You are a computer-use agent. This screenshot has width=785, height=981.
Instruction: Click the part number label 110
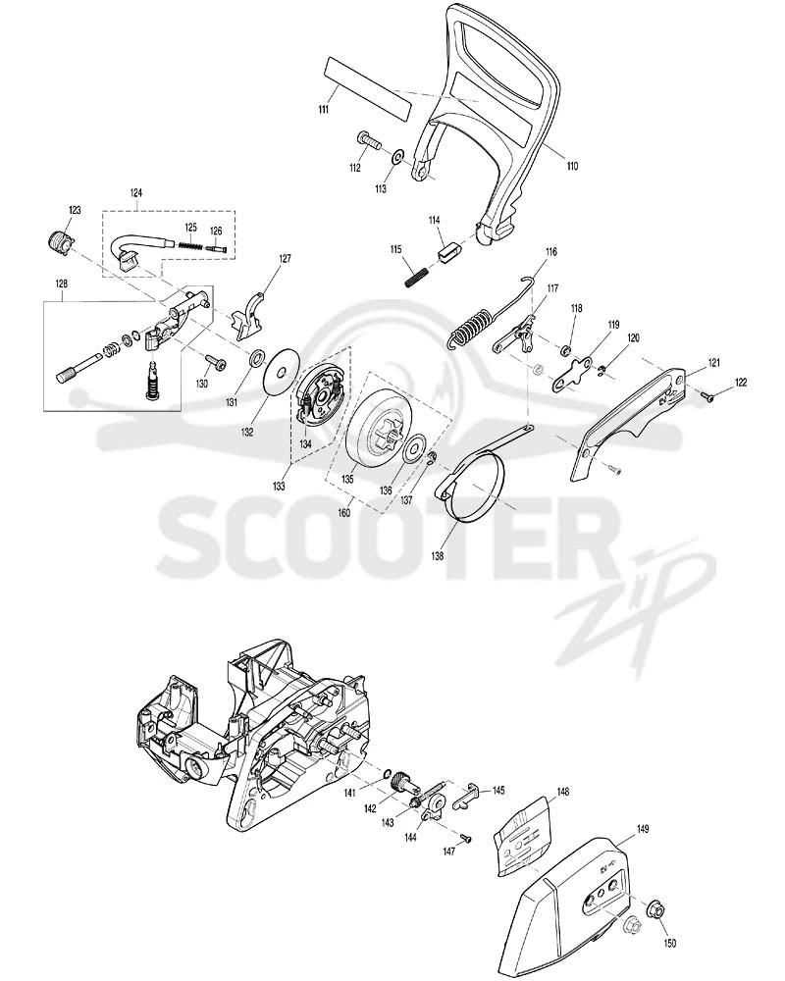click(x=571, y=166)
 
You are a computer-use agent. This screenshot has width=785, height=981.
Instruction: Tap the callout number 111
click(x=323, y=110)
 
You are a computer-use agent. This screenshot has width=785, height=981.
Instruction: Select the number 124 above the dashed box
click(x=135, y=192)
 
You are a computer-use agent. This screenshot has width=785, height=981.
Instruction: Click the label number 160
click(x=343, y=513)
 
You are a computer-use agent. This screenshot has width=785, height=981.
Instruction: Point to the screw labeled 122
click(x=707, y=395)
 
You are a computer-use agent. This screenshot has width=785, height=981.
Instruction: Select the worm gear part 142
click(x=399, y=782)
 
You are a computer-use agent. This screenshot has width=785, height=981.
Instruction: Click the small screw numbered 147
click(x=466, y=839)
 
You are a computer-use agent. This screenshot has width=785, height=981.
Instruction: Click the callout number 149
click(x=643, y=829)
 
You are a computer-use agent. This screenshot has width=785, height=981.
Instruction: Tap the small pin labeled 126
click(x=217, y=248)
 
